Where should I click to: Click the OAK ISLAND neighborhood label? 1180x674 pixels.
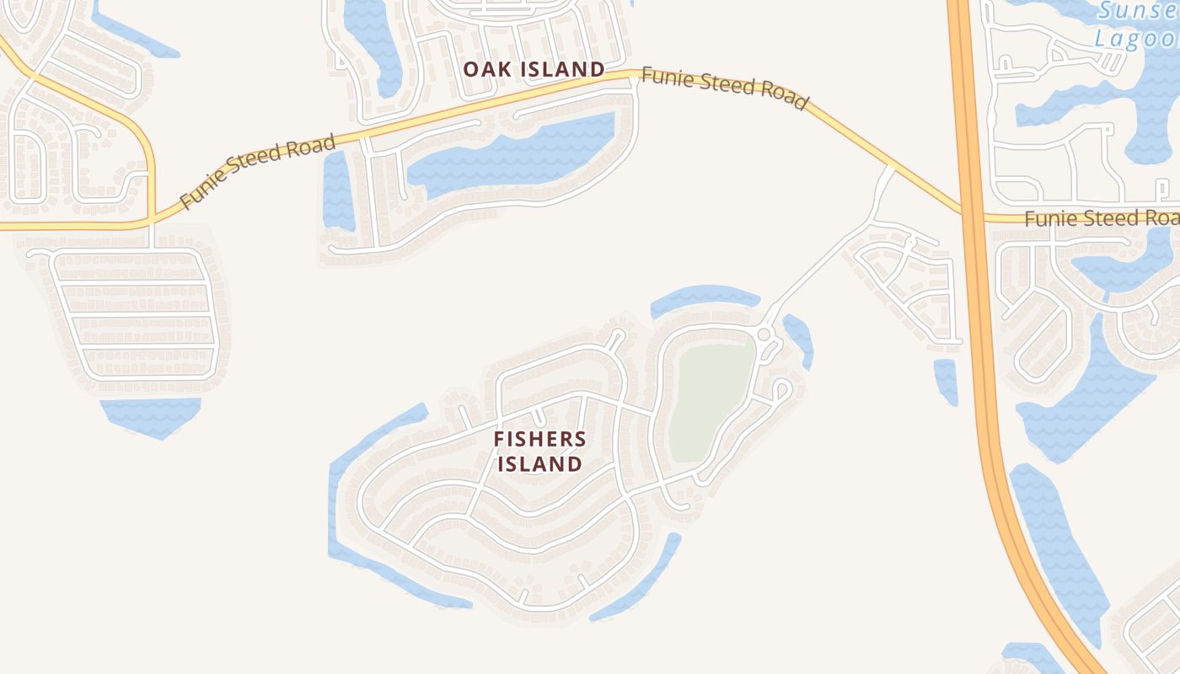(x=534, y=69)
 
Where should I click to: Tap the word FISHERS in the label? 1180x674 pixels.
(x=539, y=439)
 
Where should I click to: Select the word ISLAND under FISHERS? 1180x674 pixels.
(x=539, y=464)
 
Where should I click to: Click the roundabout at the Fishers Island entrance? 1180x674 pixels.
(x=764, y=334)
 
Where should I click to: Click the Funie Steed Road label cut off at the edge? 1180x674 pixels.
(x=1101, y=218)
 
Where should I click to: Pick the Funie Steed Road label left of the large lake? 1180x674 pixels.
(x=258, y=172)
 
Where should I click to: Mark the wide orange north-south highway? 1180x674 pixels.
(x=978, y=337)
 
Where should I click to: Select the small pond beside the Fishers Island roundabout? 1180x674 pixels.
(x=799, y=337)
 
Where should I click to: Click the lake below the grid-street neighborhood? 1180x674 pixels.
(x=152, y=415)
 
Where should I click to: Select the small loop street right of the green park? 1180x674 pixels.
(x=781, y=390)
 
